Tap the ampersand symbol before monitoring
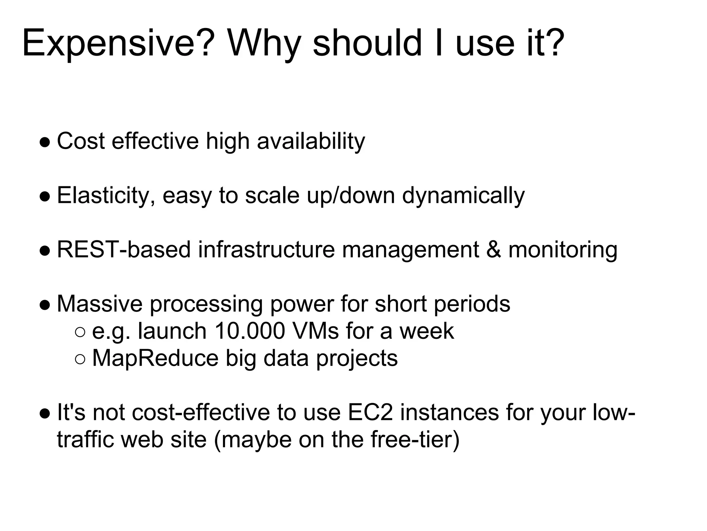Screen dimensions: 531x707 tap(494, 249)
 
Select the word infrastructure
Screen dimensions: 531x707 tap(266, 249)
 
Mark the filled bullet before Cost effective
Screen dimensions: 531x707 tap(45, 142)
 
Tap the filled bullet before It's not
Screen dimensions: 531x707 tap(45, 413)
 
